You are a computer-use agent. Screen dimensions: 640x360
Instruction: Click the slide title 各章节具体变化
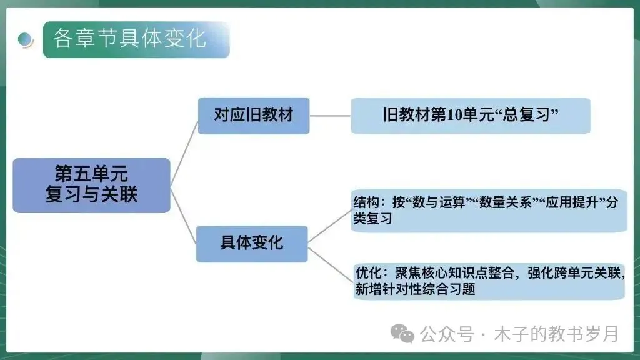(129, 39)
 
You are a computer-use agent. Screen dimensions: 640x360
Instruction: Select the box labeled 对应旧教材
(253, 116)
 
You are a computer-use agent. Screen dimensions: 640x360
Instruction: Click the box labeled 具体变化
(252, 243)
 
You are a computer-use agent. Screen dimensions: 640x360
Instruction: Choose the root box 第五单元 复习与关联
(91, 184)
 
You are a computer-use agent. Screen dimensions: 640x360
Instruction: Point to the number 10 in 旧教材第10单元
(455, 116)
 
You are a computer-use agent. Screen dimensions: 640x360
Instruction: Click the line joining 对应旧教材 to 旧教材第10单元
(330, 116)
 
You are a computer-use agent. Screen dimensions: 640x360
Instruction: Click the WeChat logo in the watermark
(402, 334)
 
